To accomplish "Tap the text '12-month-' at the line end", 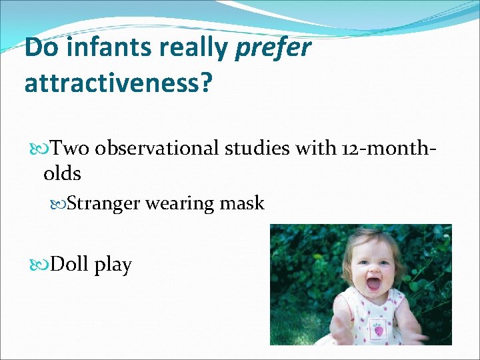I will pyautogui.click(x=386, y=148).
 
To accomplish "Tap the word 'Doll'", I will pyautogui.click(x=71, y=265).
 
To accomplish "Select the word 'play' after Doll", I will pyautogui.click(x=113, y=266).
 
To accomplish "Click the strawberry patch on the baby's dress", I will pyautogui.click(x=378, y=329).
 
